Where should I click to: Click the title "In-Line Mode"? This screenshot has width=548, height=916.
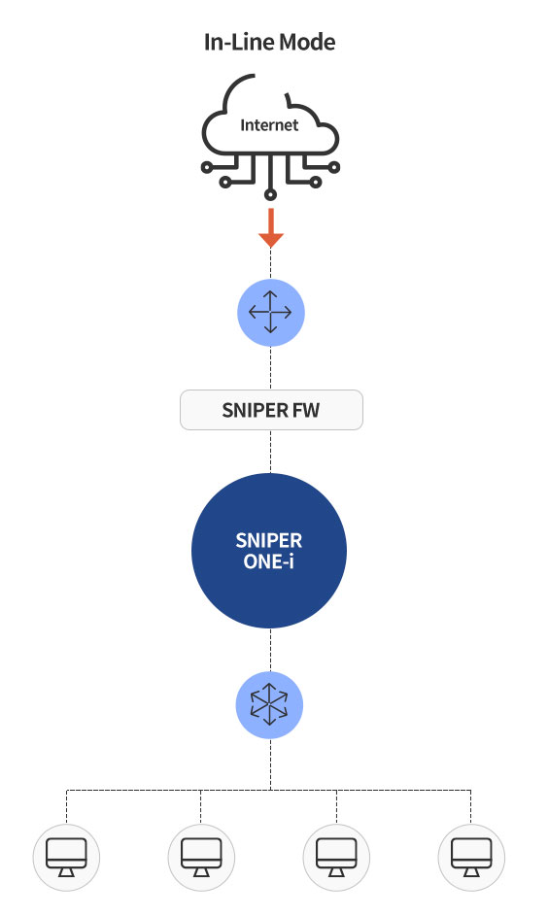click(x=269, y=42)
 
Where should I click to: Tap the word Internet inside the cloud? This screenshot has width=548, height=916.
click(x=269, y=125)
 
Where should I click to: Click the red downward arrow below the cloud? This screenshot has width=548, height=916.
click(x=270, y=228)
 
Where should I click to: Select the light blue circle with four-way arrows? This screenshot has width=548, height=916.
click(x=270, y=313)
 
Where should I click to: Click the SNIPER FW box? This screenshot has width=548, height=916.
click(x=271, y=410)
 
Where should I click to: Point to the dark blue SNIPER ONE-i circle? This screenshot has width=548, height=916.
click(x=269, y=551)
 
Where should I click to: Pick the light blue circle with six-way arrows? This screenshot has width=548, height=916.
click(x=269, y=705)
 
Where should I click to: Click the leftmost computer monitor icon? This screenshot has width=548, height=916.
click(x=67, y=858)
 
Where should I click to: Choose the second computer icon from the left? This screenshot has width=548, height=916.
click(x=201, y=858)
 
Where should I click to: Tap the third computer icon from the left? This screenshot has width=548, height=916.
click(x=336, y=858)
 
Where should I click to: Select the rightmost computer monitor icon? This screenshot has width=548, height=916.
click(x=471, y=858)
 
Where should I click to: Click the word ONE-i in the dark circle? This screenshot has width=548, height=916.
click(x=269, y=561)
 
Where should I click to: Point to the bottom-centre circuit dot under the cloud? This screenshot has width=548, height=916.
click(x=270, y=194)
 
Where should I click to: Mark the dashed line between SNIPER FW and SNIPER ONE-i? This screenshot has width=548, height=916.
click(x=270, y=452)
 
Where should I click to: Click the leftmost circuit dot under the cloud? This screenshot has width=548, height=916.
click(x=207, y=168)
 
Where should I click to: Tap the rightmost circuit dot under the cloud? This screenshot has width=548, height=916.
click(x=333, y=168)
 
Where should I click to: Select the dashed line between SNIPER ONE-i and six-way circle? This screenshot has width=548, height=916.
click(x=270, y=650)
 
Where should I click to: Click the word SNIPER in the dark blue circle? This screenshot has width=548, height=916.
click(x=269, y=540)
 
